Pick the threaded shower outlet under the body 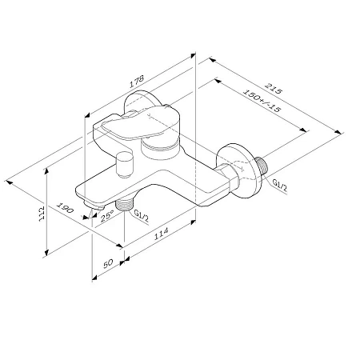tap(123, 206)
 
